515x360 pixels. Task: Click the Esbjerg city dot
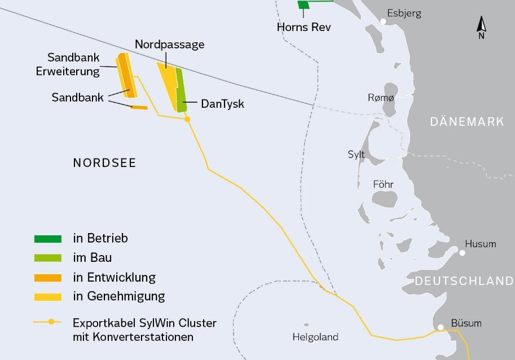[x=383, y=21]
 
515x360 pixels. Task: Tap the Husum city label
[x=480, y=244]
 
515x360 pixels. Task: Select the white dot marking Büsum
[x=441, y=327]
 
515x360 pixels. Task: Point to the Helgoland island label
[x=315, y=337]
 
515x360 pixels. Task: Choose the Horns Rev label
[x=303, y=27]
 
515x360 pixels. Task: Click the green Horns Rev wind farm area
[x=303, y=5]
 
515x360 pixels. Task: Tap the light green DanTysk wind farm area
[x=181, y=90]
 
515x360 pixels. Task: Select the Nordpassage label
[x=169, y=45]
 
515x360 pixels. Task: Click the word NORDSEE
[x=104, y=163]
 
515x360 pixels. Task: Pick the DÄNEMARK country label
[x=466, y=122]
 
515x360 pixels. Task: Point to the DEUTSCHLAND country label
[x=464, y=281]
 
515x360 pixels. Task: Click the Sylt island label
[x=356, y=155]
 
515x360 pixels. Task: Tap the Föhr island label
[x=383, y=185]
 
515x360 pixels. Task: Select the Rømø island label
[x=381, y=98]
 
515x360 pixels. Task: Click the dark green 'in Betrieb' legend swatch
[x=48, y=239]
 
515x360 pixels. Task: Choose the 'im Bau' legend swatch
[x=48, y=258]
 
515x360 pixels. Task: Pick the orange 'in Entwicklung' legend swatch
[x=48, y=278]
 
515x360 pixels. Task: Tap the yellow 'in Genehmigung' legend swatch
[x=48, y=296]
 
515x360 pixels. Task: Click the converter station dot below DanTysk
[x=188, y=119]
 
